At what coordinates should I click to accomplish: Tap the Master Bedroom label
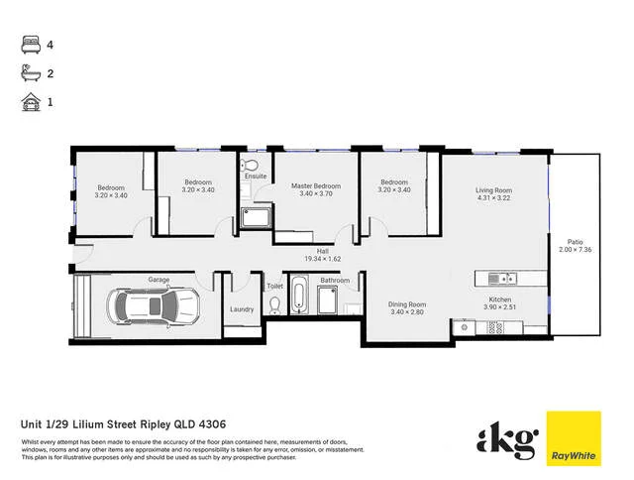[315, 185]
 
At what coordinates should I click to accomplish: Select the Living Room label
[492, 189]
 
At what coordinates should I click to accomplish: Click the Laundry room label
[241, 309]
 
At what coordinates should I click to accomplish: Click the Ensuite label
[256, 178]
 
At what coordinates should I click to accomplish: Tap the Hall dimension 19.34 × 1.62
[323, 259]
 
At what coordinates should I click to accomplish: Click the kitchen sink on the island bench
[504, 278]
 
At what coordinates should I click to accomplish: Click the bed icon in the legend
[28, 44]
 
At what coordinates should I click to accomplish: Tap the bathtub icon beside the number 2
[28, 72]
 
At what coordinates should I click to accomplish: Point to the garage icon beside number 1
[28, 101]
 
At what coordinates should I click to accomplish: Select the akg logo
[506, 438]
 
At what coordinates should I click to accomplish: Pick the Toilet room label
[275, 286]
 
